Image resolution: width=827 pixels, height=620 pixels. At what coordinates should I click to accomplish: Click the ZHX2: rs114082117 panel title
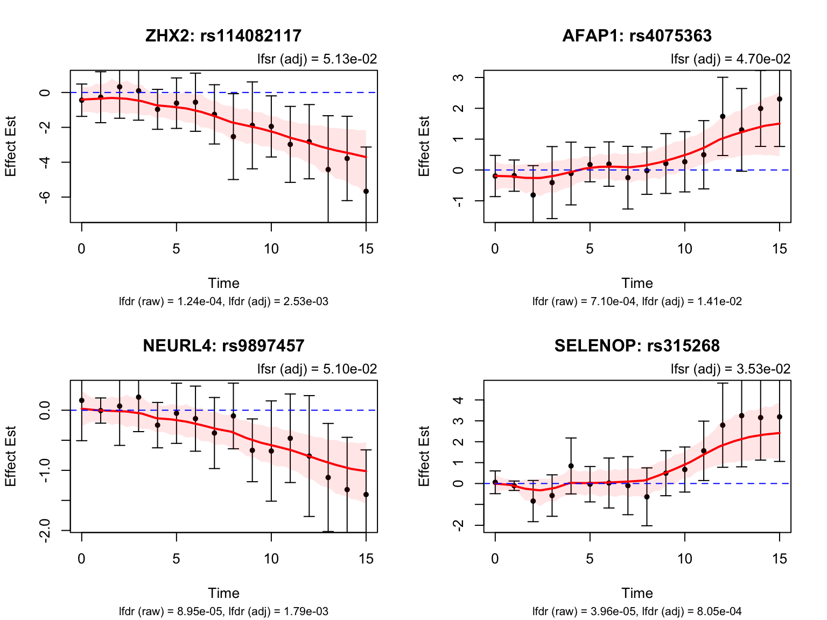click(x=223, y=36)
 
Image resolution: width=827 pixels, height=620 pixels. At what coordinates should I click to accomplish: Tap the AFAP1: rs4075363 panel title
click(x=637, y=36)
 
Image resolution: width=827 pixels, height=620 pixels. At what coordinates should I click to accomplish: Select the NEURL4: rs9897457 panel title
click(x=223, y=346)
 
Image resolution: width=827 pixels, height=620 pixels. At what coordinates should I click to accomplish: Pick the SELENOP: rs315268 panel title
click(x=637, y=346)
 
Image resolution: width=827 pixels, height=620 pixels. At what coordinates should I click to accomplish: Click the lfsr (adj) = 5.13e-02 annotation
click(x=317, y=59)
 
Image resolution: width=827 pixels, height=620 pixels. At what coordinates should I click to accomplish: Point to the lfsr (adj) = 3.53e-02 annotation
click(x=731, y=369)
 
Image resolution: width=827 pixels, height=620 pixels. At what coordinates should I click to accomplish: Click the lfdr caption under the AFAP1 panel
click(x=637, y=302)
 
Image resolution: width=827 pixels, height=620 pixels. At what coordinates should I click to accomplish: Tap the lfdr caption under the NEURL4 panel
click(x=223, y=612)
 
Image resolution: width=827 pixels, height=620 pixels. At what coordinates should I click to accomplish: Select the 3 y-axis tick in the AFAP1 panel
click(x=459, y=77)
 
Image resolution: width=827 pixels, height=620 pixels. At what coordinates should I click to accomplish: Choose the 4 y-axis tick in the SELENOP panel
click(x=459, y=400)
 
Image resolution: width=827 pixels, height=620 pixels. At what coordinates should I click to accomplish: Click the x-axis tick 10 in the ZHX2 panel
click(x=271, y=249)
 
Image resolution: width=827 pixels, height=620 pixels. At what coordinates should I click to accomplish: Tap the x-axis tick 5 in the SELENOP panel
click(x=590, y=559)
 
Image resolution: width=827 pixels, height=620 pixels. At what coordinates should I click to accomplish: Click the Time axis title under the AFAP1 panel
click(x=637, y=284)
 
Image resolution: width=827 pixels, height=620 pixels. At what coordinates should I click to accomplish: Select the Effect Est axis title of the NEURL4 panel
click(x=11, y=456)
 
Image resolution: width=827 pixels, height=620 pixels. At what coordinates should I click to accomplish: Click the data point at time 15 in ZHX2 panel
click(x=366, y=191)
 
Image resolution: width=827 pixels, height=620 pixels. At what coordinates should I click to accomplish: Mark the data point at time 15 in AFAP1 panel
click(x=780, y=99)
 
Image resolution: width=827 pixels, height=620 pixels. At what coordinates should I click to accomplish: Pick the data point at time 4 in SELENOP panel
click(x=571, y=466)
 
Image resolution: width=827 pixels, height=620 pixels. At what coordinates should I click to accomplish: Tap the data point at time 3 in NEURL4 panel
click(x=138, y=397)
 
